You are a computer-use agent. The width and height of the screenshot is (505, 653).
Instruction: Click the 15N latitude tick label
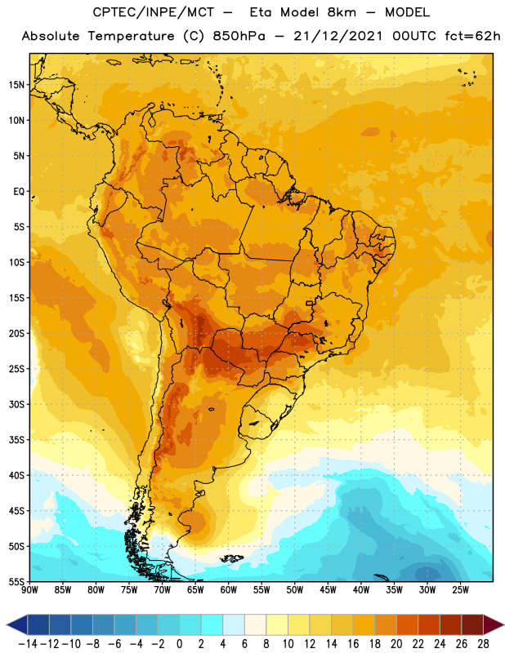pos(16,85)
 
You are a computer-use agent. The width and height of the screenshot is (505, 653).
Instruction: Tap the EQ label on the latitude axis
pos(19,192)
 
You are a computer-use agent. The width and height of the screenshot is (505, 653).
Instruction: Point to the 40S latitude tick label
pos(16,475)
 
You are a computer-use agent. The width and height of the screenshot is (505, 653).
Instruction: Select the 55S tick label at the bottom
pos(16,581)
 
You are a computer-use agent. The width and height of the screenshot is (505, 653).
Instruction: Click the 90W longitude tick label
pos(29,589)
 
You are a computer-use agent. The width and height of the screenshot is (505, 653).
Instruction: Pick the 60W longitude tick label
pos(229,589)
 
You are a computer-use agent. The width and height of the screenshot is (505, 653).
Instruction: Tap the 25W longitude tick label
pos(460,589)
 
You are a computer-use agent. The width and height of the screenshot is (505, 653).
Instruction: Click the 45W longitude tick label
pos(328,589)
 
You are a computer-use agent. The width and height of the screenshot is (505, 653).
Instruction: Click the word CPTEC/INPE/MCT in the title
pos(154,12)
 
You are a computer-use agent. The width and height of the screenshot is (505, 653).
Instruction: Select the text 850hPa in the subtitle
pos(239,36)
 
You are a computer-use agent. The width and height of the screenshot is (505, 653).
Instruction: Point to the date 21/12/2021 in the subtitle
pos(337,36)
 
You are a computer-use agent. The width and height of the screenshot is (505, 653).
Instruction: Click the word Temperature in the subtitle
pos(131,36)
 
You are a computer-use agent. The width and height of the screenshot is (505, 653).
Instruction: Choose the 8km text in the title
pos(342,12)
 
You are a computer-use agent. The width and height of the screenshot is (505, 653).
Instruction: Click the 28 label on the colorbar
pos(483,644)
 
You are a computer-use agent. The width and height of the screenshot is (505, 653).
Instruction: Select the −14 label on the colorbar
pos(28,644)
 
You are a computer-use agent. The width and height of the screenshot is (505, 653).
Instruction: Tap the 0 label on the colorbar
pos(179,644)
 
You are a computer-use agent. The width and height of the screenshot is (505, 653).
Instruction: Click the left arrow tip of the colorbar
pos(7,624)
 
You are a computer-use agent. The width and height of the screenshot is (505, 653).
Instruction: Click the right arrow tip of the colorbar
pos(503,624)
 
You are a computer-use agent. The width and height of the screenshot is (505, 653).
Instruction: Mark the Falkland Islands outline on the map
pos(231,558)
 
